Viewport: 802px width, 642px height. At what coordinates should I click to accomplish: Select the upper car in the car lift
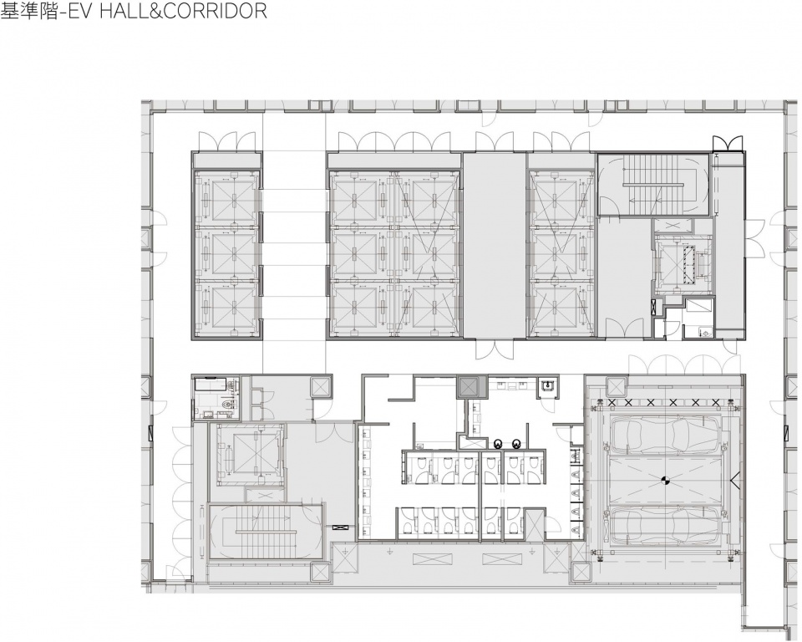[x=666, y=434]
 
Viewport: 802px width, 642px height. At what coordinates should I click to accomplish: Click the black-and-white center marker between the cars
[x=666, y=480]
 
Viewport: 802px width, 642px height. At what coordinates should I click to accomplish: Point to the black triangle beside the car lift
[x=734, y=480]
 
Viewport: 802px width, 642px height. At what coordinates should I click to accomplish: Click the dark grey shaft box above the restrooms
[x=469, y=387]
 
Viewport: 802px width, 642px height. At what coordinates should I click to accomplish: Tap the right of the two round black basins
[x=515, y=442]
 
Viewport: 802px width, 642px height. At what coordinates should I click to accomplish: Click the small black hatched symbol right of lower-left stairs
[x=339, y=527]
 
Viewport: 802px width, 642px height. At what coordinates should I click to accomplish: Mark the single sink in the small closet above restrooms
[x=548, y=385]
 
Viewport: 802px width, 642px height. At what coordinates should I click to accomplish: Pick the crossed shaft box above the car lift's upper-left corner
[x=616, y=387]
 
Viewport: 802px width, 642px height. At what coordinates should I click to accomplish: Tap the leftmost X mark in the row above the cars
[x=611, y=402]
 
